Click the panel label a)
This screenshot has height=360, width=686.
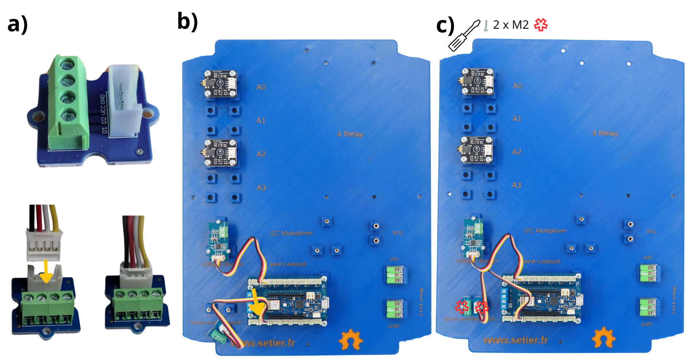click(17, 25)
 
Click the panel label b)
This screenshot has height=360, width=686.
click(188, 21)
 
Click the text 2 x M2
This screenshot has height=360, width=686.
click(510, 25)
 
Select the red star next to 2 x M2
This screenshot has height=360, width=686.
click(541, 25)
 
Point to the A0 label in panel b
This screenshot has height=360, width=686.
click(261, 87)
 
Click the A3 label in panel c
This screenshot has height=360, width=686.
click(516, 185)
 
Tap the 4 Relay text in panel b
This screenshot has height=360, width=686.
click(350, 134)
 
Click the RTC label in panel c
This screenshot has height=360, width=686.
click(651, 232)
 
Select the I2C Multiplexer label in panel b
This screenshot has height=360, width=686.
click(291, 233)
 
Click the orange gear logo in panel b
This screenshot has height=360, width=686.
click(350, 340)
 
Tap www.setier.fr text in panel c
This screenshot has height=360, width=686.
click(515, 340)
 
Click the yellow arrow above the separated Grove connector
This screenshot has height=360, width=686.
click(46, 271)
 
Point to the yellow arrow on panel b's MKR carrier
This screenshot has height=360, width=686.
click(257, 302)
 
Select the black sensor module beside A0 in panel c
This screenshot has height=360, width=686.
click(477, 82)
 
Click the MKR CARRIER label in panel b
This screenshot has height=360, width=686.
click(288, 264)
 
